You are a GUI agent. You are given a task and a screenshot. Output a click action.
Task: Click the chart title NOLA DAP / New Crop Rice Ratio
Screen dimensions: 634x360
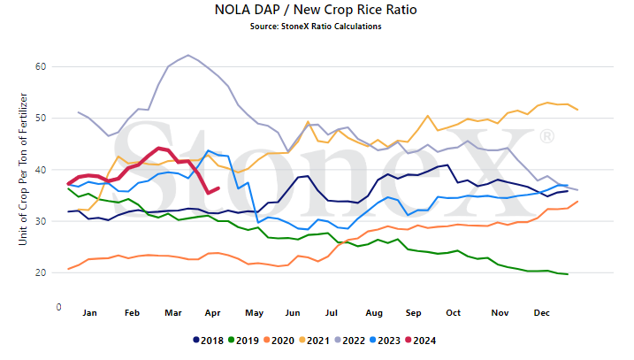click(x=316, y=10)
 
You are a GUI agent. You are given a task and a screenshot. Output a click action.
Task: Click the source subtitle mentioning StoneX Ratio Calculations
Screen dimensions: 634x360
click(x=316, y=27)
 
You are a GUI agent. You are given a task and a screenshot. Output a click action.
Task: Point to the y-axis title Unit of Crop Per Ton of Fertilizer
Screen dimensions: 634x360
click(x=23, y=169)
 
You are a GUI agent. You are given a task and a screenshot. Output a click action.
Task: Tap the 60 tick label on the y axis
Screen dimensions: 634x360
click(x=41, y=66)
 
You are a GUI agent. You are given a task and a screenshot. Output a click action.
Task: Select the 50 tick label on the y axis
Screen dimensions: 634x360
click(x=41, y=119)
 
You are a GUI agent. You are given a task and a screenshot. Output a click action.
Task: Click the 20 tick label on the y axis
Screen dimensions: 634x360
click(x=41, y=272)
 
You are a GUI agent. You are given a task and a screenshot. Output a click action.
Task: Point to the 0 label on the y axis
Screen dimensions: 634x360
click(x=58, y=307)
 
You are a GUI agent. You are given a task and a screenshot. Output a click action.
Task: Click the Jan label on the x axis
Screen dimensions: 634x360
click(x=90, y=312)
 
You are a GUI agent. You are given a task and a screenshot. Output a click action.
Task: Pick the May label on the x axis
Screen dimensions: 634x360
click(x=254, y=312)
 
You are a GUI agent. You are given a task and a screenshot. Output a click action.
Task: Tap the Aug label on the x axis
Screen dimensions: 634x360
click(x=374, y=312)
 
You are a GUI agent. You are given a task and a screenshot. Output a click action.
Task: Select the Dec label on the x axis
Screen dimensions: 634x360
click(x=542, y=312)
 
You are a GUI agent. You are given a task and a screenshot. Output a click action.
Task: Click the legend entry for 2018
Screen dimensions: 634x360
click(x=208, y=341)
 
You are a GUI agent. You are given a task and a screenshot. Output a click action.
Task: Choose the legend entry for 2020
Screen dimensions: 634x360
click(x=279, y=341)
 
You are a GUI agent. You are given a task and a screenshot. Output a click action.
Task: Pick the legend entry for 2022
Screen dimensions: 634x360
click(x=350, y=341)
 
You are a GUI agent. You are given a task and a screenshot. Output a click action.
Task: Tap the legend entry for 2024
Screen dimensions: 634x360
click(x=421, y=341)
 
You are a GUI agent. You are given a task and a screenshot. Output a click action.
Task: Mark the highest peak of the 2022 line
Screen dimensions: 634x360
click(x=188, y=55)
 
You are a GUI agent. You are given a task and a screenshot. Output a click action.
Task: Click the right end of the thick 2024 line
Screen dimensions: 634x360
click(x=218, y=188)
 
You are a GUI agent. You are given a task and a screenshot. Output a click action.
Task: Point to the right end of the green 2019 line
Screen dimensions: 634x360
click(x=568, y=274)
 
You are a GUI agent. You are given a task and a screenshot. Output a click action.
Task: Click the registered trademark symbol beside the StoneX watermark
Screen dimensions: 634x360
click(x=546, y=136)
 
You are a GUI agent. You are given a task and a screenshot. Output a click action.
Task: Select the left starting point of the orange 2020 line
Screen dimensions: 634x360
click(x=68, y=269)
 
